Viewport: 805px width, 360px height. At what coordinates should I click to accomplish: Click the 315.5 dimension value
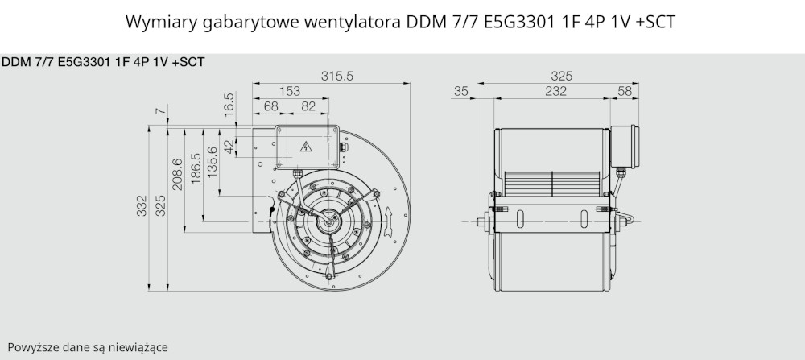coord(337,76)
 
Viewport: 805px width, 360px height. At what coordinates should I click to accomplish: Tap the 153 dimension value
coord(290,92)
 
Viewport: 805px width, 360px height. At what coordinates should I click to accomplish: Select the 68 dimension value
coord(270,107)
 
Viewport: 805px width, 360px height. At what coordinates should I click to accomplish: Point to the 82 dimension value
coord(308,107)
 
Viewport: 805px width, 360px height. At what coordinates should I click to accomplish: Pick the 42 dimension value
coord(229,146)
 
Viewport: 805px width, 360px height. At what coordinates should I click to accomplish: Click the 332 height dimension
coord(142,205)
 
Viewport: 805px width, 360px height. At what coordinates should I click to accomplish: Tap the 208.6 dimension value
coord(177,174)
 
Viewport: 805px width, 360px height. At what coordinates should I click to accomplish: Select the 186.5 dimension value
coord(196,169)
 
